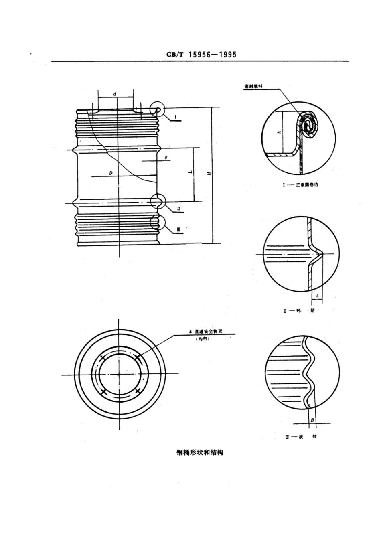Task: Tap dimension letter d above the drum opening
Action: point(115,93)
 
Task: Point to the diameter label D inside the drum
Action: point(110,173)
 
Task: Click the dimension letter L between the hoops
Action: point(190,172)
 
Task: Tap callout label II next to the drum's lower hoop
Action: point(178,209)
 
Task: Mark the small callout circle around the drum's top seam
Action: point(157,109)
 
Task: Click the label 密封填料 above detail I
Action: point(253,87)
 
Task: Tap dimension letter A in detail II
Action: point(317,296)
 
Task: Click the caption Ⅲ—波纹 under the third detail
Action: point(301,436)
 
